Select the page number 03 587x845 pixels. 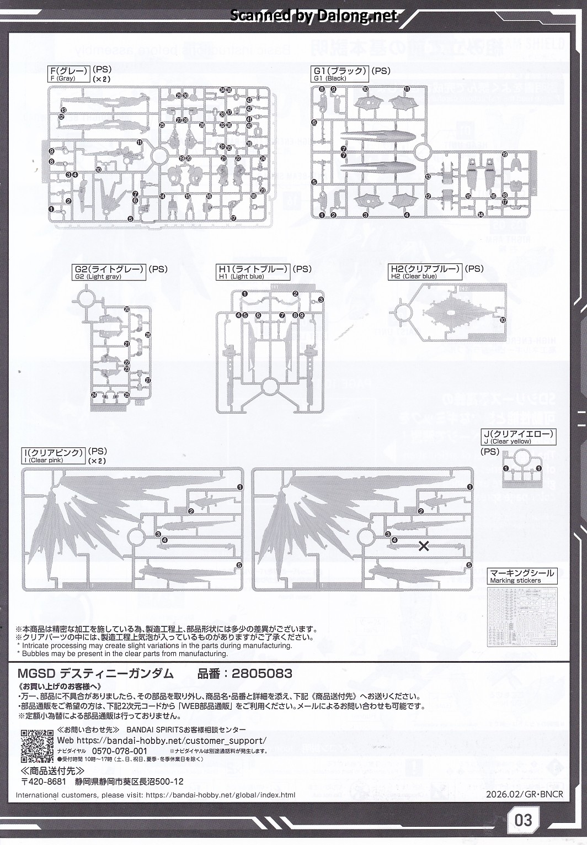pos(522,820)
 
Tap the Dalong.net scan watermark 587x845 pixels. pos(313,16)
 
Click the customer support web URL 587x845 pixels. pos(173,741)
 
